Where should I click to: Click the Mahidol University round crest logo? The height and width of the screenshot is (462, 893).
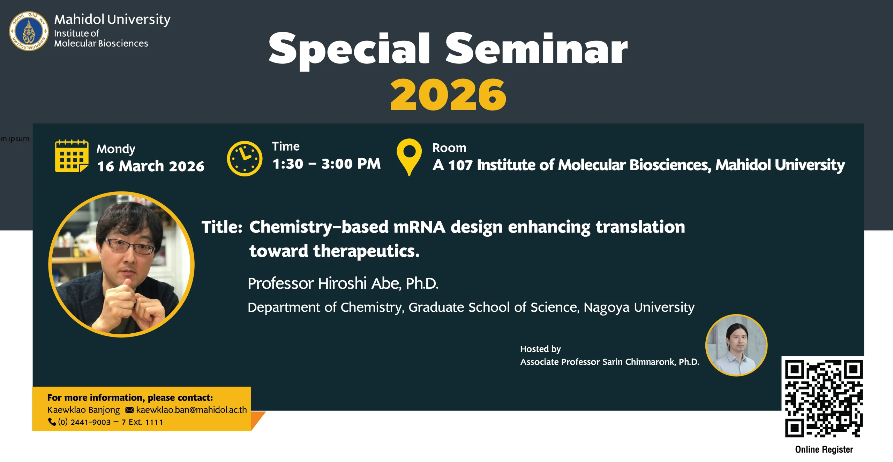tap(29, 31)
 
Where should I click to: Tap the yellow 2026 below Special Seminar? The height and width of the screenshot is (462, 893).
tap(448, 94)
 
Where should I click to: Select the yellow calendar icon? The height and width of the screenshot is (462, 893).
tap(72, 156)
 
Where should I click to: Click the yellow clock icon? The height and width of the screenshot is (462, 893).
tap(245, 158)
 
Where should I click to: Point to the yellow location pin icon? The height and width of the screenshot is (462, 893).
tap(409, 157)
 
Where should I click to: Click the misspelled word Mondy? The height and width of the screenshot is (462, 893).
tap(116, 149)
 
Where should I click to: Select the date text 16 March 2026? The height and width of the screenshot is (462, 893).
tap(151, 166)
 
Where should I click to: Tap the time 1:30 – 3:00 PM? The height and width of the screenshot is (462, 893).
tap(327, 164)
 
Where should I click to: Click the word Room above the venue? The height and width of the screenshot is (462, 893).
tap(449, 148)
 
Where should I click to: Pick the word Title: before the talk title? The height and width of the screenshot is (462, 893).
tap(222, 227)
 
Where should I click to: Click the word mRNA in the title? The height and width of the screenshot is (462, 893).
tap(419, 227)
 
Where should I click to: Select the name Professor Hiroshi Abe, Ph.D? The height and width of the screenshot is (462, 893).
tap(343, 283)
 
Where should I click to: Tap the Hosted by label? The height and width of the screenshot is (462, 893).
tap(540, 349)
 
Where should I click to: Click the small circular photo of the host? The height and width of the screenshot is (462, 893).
tap(736, 345)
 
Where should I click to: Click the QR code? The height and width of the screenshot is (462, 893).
tap(824, 399)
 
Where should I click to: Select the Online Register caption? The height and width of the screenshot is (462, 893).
tap(824, 449)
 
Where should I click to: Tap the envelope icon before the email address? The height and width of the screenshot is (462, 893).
tap(129, 410)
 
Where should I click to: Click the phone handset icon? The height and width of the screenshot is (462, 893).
tap(52, 422)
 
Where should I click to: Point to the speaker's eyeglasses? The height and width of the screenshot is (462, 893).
tap(130, 246)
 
